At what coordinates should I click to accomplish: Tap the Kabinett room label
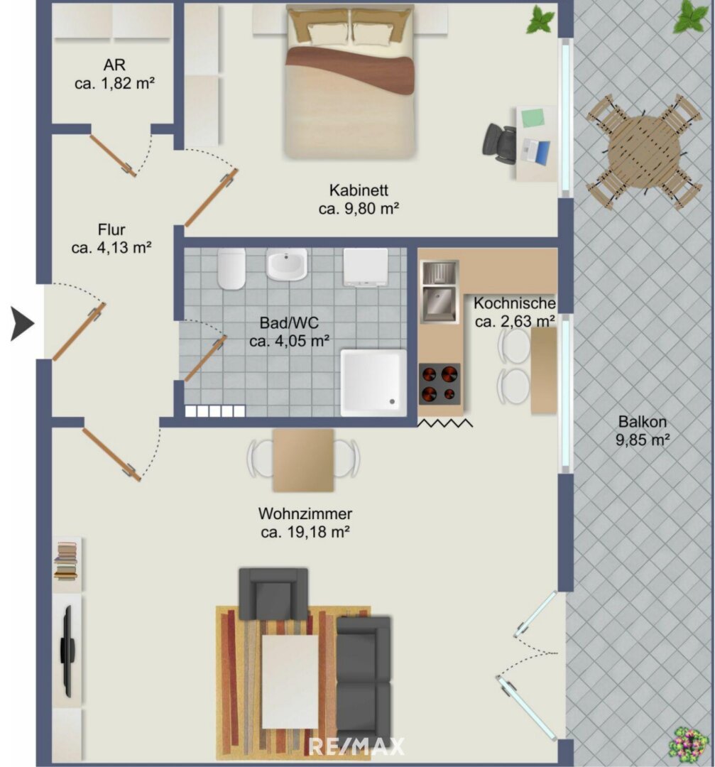coord(359,190)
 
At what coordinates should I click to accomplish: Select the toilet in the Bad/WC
coord(231,268)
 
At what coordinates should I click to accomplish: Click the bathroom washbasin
coord(287,264)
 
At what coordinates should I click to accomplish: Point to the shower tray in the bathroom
coord(373,383)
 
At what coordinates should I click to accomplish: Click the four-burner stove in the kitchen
coord(440,383)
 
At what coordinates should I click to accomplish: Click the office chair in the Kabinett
coord(499,142)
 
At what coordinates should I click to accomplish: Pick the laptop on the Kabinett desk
coord(536,151)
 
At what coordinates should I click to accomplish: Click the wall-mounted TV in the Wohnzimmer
coord(67,651)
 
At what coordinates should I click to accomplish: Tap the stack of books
coord(66,562)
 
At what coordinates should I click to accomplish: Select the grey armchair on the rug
coord(273,594)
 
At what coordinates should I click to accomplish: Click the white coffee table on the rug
coord(290,681)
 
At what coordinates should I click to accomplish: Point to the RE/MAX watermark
coord(356,746)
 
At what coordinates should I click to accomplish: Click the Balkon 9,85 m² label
coord(642,430)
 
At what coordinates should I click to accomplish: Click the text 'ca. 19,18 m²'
coord(305,532)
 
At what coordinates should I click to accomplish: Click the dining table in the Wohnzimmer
coord(303,459)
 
